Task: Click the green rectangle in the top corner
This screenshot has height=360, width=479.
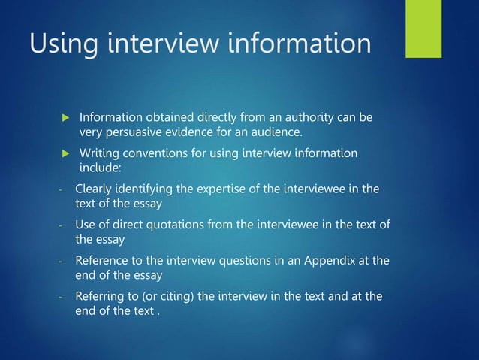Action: coord(423,28)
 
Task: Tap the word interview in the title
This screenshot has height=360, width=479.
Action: coord(156,43)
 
